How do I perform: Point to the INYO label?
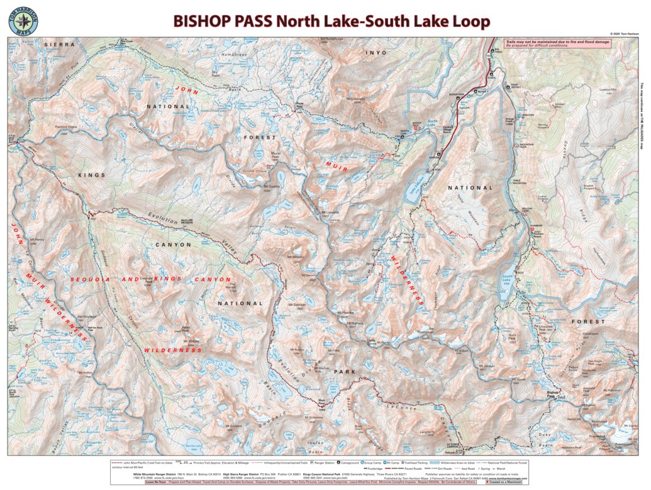pos(376,53)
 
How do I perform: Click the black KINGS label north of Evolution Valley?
pos(92,174)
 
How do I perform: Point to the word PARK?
pos(345,372)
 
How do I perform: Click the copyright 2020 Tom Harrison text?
pos(626,34)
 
